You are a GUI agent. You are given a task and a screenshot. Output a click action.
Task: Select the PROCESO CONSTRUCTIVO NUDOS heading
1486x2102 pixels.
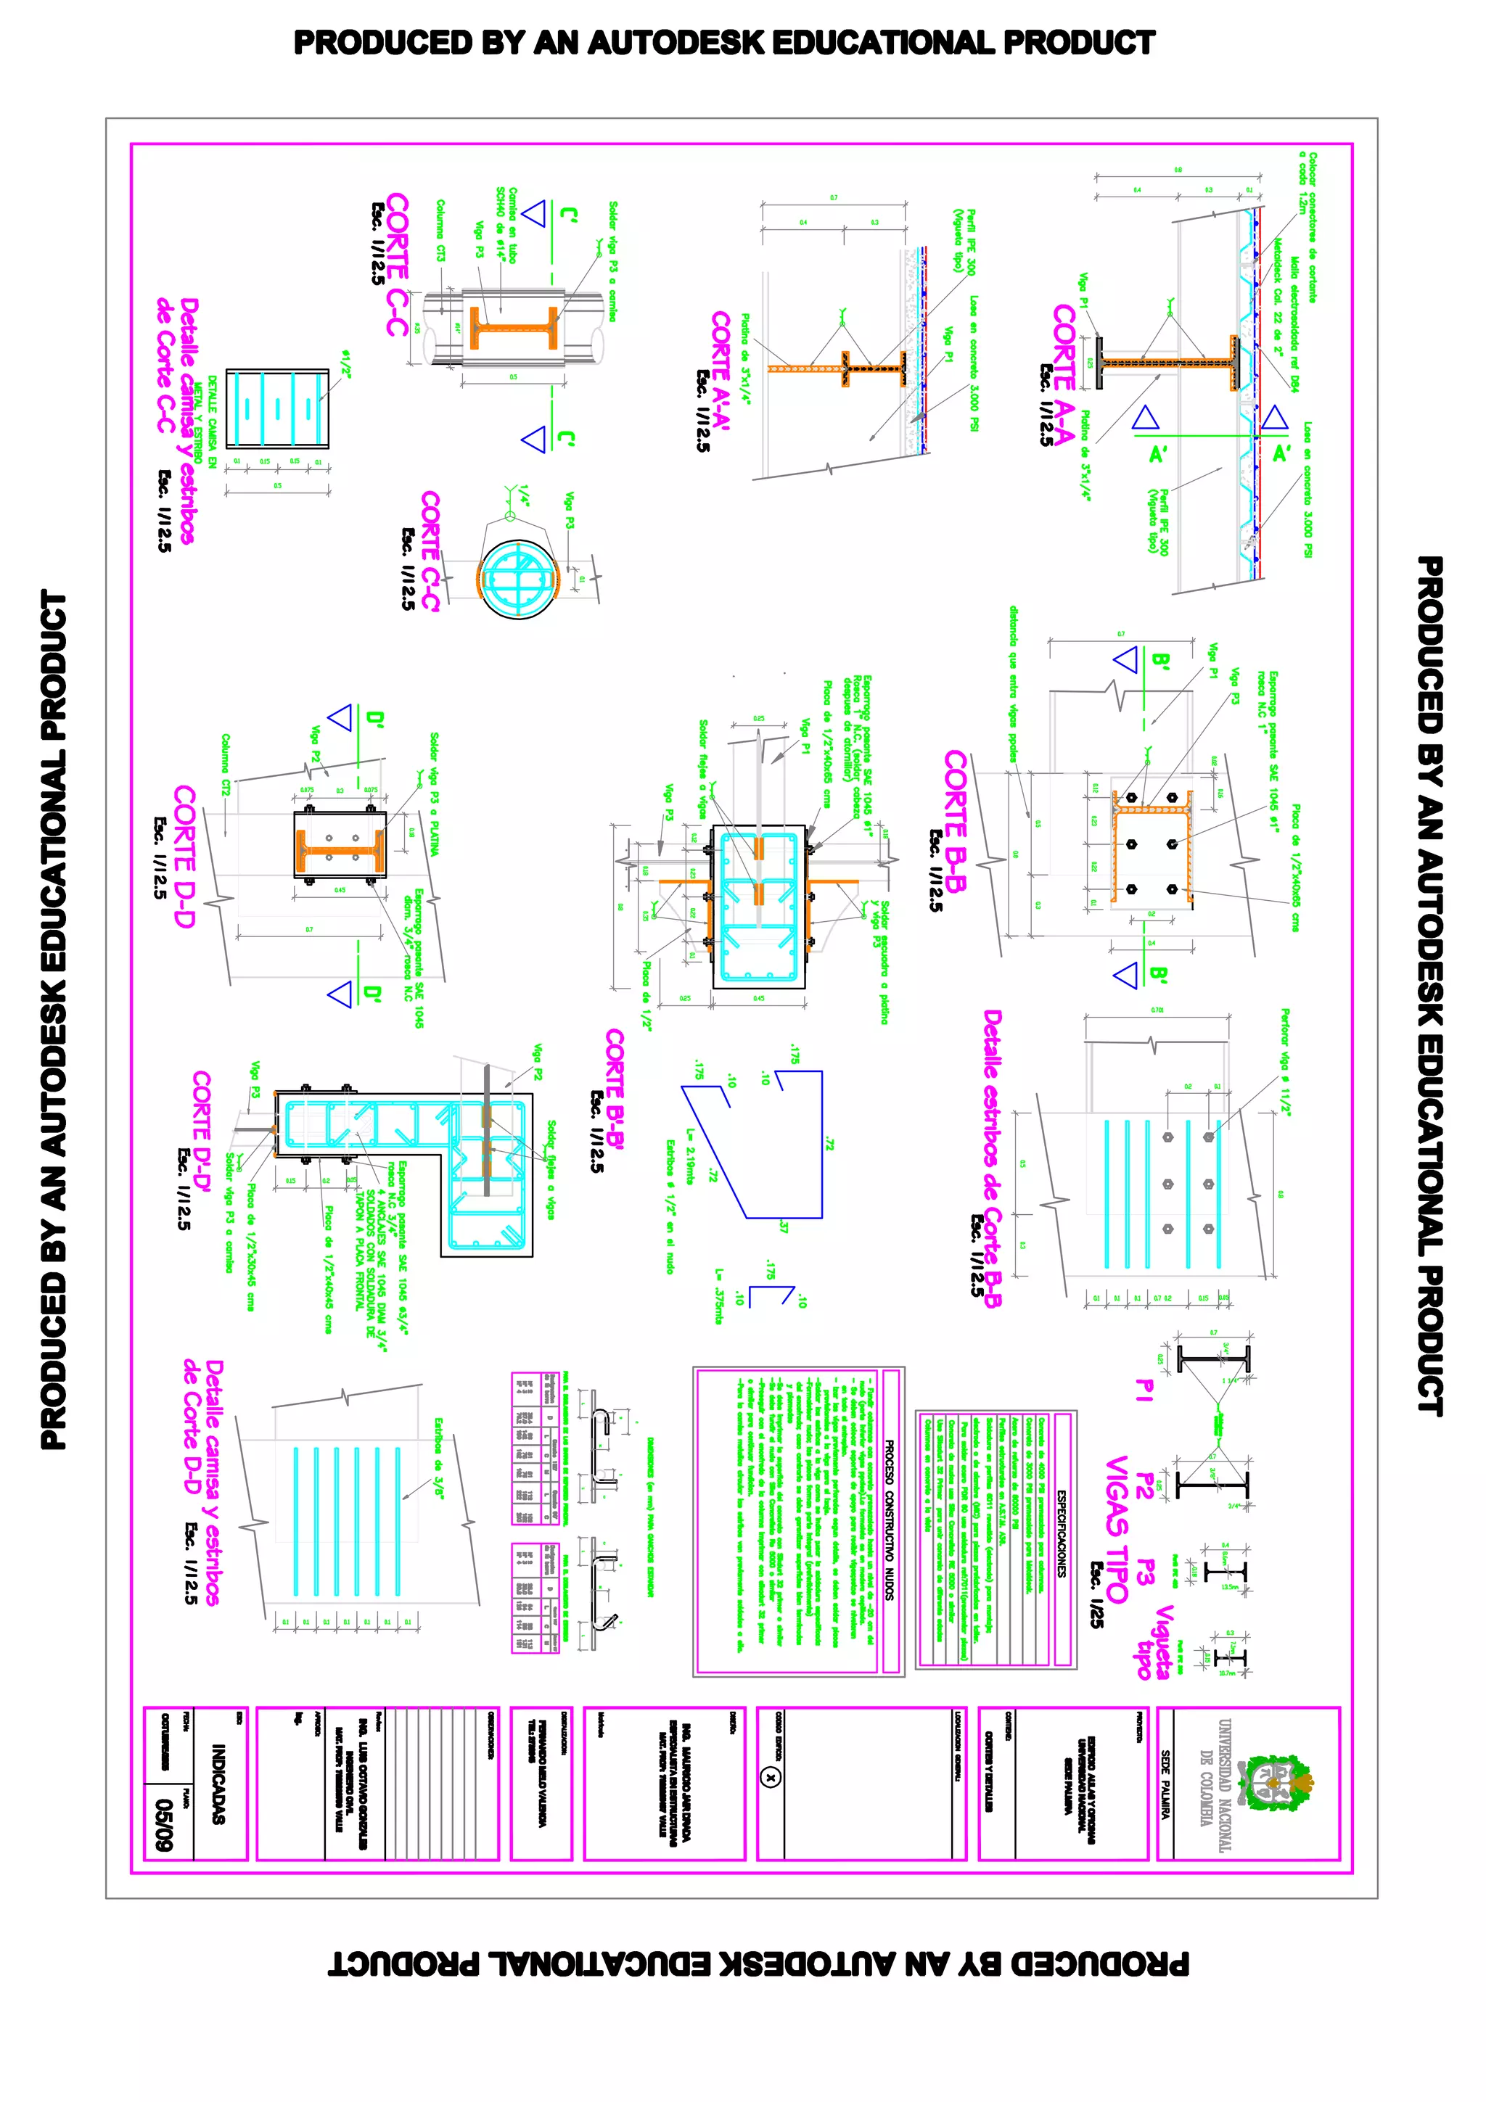pyautogui.click(x=888, y=1520)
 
